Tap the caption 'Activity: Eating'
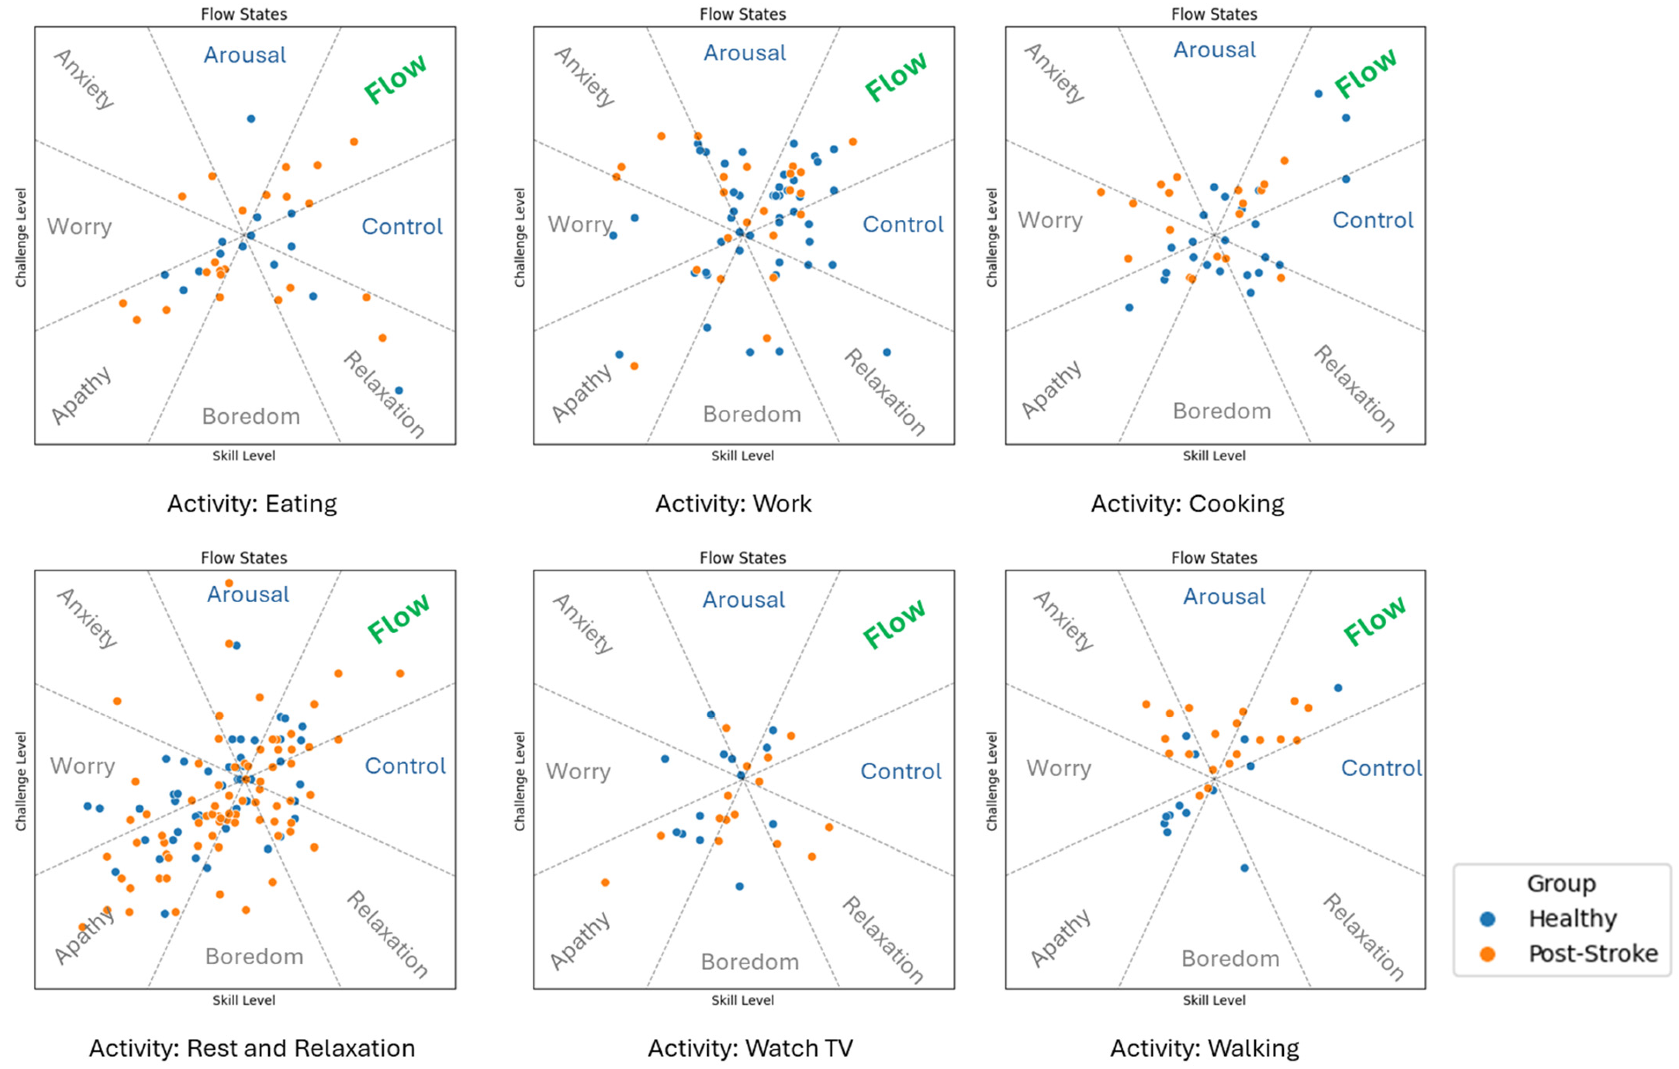pos(252,503)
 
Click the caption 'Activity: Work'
pos(733,503)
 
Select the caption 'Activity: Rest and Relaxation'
pos(252,1048)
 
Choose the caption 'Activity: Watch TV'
pos(750,1048)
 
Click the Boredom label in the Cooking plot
pos(1221,411)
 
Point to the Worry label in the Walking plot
pos(1059,768)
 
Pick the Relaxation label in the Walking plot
pos(1363,937)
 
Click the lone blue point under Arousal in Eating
pos(251,119)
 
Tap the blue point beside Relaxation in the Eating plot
pos(399,390)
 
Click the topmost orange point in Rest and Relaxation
pos(229,583)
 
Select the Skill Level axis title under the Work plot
pos(742,456)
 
